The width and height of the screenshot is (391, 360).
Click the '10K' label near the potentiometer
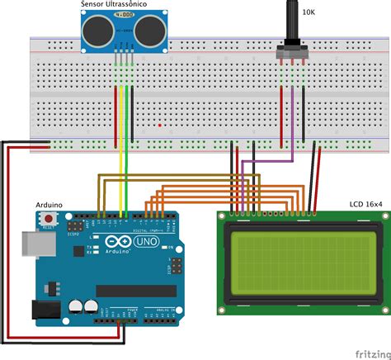[x=308, y=12]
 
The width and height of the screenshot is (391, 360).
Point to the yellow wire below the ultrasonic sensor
[x=122, y=149]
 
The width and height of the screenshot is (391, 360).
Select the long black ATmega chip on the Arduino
[x=135, y=290]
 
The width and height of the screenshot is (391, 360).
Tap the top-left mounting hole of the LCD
[x=224, y=218]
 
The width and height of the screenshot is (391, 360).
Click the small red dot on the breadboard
[x=160, y=126]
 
